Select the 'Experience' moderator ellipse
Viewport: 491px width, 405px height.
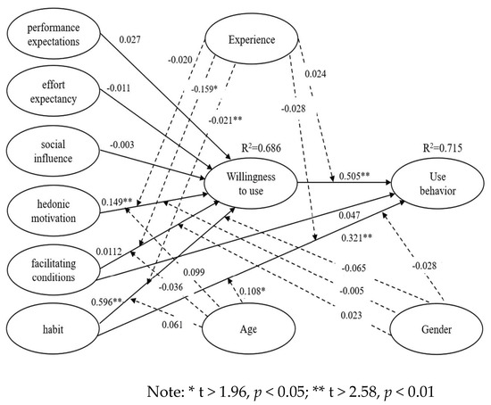pos(252,40)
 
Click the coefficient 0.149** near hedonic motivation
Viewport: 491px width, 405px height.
pos(115,202)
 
